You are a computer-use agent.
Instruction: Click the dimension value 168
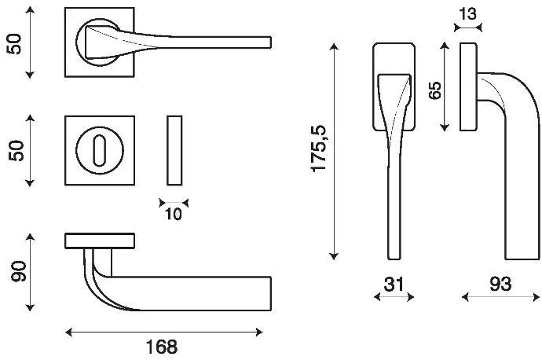click(x=162, y=347)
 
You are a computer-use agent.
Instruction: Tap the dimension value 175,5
click(x=319, y=149)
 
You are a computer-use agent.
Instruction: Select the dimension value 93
click(x=500, y=285)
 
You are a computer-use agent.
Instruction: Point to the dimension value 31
click(x=394, y=285)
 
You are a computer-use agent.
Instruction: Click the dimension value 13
click(x=467, y=14)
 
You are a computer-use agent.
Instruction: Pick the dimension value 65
click(x=435, y=90)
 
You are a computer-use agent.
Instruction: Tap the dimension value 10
click(x=173, y=215)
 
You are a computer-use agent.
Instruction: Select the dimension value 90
click(x=19, y=272)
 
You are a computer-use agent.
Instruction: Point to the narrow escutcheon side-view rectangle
click(x=174, y=150)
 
